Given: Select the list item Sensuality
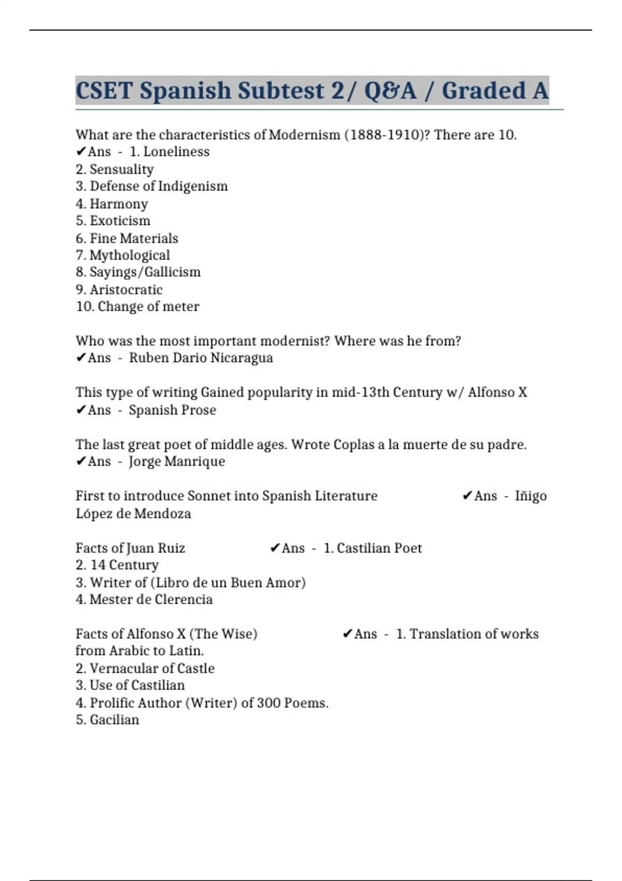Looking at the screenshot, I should (x=121, y=169).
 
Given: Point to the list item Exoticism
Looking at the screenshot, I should (x=120, y=221).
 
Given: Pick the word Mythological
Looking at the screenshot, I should (x=130, y=255).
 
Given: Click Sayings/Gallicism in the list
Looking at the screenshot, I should (x=145, y=272).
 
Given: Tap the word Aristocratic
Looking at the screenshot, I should (x=126, y=290).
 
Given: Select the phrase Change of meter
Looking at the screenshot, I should (x=148, y=306).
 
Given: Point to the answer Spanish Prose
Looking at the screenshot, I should (x=172, y=410).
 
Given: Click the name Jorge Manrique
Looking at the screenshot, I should (x=177, y=462).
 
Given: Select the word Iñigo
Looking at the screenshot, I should (x=530, y=496).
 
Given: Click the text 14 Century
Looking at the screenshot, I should (x=124, y=565).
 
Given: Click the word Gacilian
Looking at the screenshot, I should (x=114, y=720).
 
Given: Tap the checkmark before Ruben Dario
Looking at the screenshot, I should (x=80, y=358).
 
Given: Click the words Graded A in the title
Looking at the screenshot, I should (x=495, y=91).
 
